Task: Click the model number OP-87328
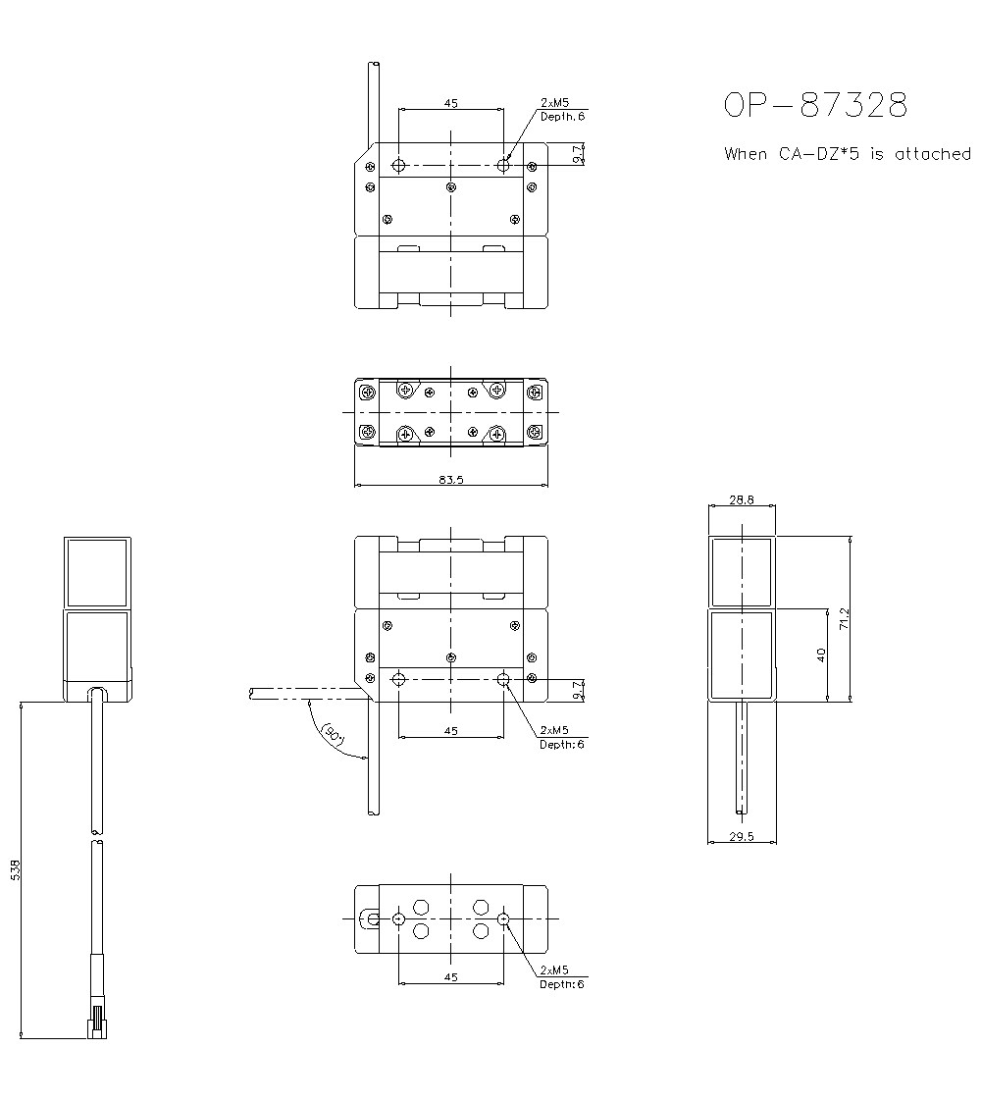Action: (815, 105)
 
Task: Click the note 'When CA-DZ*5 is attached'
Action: (848, 154)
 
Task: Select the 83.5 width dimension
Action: (450, 480)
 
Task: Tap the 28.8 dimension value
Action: (742, 499)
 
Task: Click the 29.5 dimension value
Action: (742, 836)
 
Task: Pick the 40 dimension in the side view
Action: (821, 654)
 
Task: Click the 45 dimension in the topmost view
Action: (450, 102)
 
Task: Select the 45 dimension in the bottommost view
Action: (450, 976)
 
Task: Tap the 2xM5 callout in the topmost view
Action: (554, 102)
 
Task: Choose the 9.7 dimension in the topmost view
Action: (578, 153)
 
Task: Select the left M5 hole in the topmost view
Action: (398, 164)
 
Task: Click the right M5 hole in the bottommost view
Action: (503, 919)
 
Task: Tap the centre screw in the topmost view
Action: (450, 187)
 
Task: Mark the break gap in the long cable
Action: (96, 835)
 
